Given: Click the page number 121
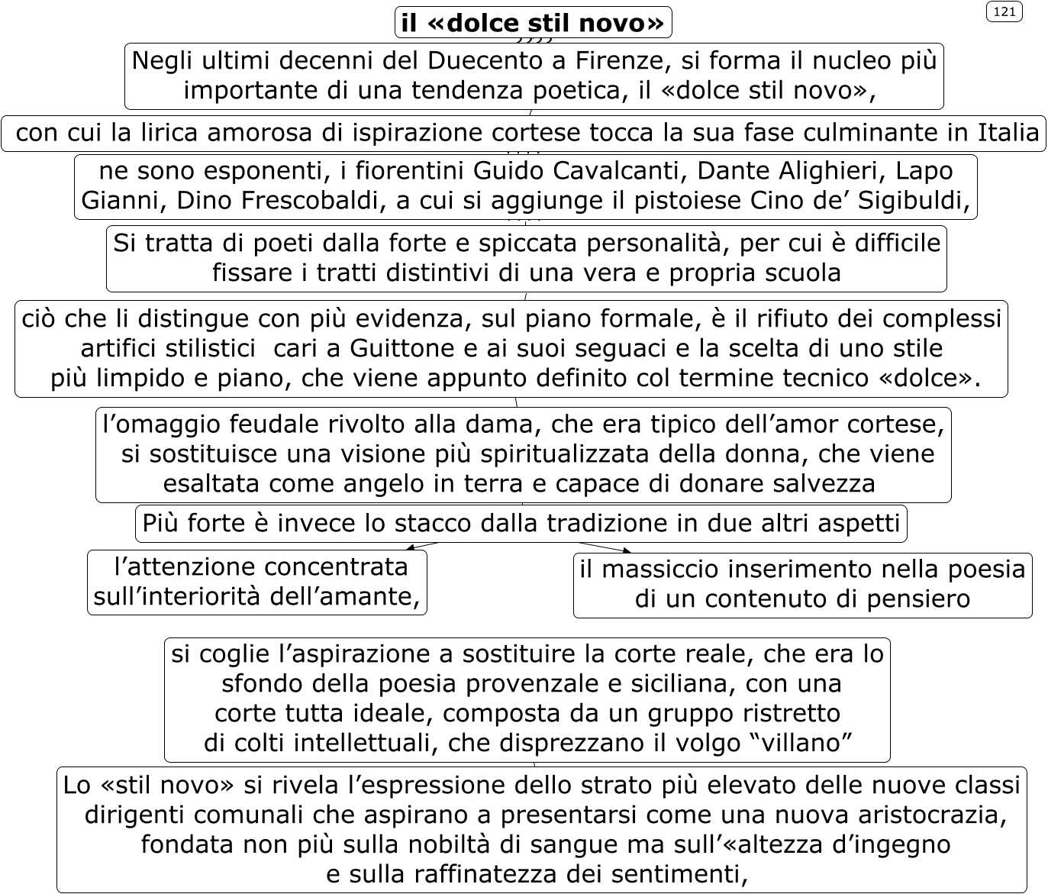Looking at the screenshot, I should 1004,11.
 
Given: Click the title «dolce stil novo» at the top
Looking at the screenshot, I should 533,23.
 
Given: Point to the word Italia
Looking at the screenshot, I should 1008,133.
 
